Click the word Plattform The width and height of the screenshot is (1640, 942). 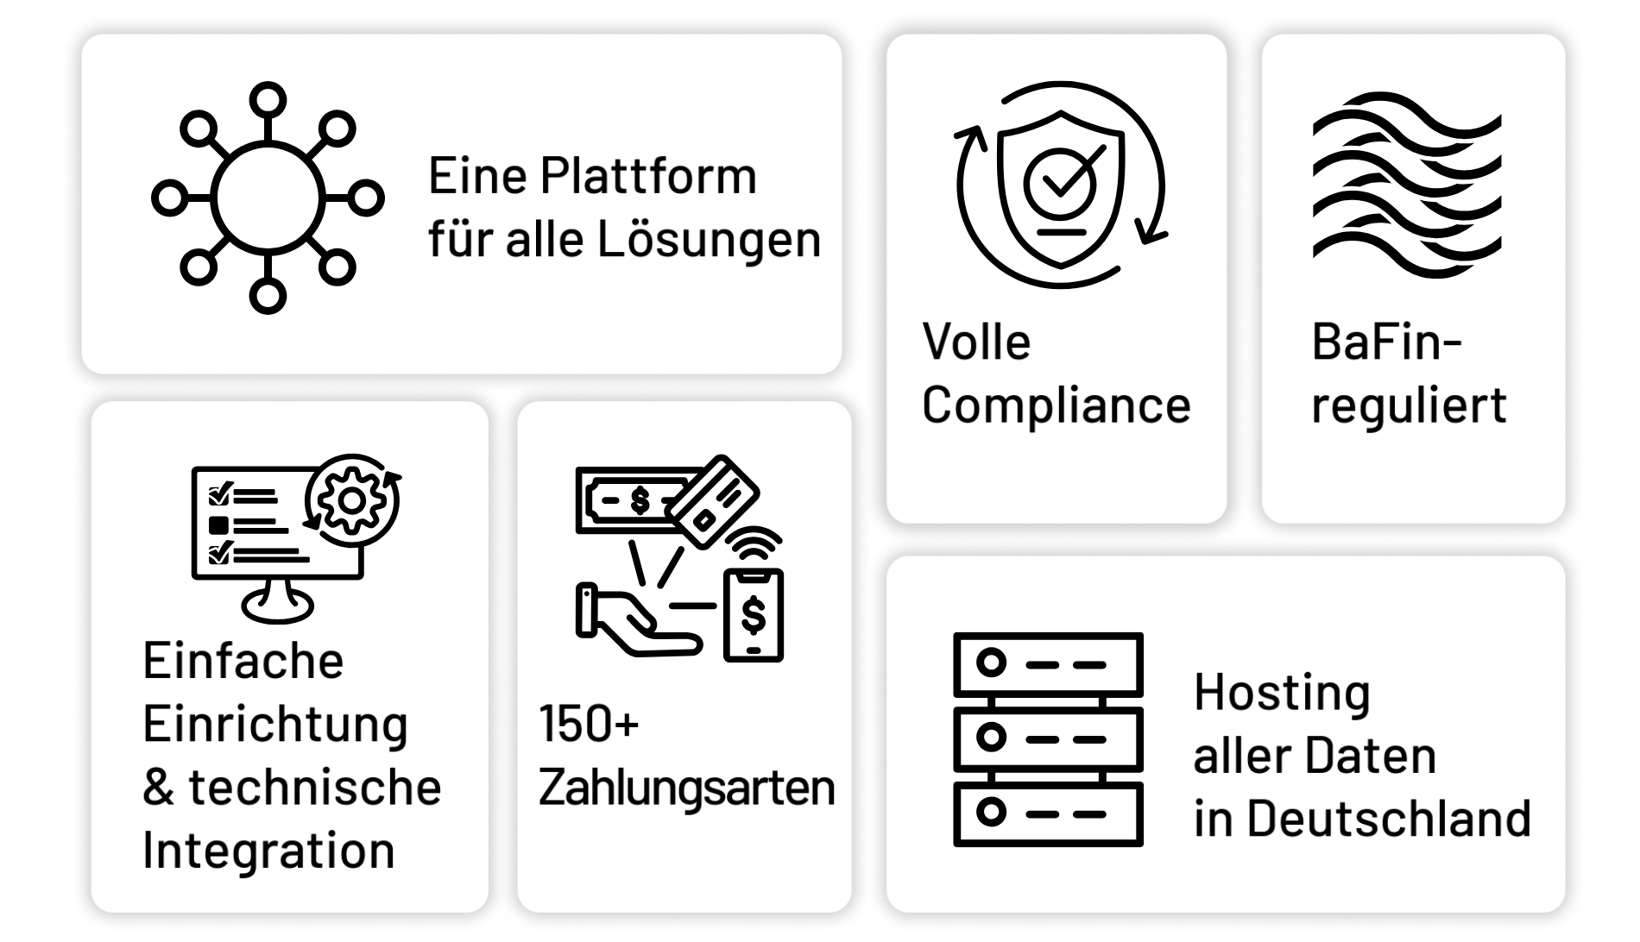tap(648, 177)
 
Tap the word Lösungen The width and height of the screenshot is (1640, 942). tap(709, 239)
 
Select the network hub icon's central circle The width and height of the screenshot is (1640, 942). tap(268, 198)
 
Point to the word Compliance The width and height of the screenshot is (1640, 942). tap(1057, 405)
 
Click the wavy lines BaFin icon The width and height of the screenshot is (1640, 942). tap(1406, 186)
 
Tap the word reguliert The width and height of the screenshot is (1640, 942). tap(1409, 405)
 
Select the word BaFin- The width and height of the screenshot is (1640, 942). tap(1385, 342)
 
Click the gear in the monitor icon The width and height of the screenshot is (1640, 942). tap(350, 499)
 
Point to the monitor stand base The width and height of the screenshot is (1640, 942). tap(278, 606)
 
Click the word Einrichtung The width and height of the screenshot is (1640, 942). tap(274, 724)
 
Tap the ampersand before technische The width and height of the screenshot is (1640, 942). tap(159, 787)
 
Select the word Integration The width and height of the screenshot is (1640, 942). tap(268, 850)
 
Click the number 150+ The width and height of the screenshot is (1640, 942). tap(589, 724)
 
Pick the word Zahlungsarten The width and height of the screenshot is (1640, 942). tap(686, 787)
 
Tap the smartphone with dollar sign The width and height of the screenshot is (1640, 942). tap(754, 615)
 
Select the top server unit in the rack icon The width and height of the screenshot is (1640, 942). tap(1048, 664)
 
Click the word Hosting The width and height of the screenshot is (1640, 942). tap(1282, 693)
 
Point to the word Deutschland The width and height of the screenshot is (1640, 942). tap(1389, 818)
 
